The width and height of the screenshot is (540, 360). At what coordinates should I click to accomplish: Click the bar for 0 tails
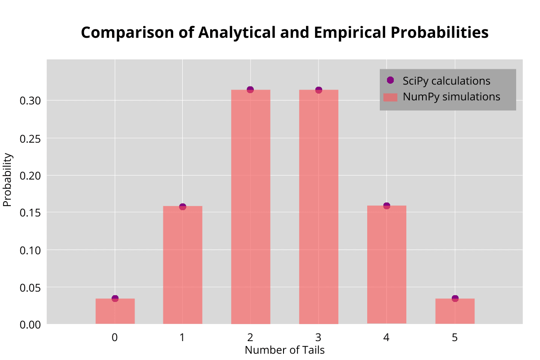click(x=115, y=311)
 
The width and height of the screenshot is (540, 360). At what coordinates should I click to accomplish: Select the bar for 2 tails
click(x=251, y=207)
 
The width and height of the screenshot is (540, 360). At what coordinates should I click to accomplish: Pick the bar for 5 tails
click(x=455, y=311)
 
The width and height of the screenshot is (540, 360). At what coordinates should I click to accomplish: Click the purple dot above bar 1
click(x=182, y=207)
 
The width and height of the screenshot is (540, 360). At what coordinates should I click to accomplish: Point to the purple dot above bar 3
click(x=319, y=90)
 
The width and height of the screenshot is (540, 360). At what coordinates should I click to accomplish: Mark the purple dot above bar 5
click(x=455, y=298)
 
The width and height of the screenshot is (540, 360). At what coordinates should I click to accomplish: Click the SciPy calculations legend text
click(x=446, y=81)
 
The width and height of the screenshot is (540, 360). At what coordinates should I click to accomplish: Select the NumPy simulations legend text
click(x=451, y=97)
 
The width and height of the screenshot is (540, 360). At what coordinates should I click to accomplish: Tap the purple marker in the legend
click(x=390, y=80)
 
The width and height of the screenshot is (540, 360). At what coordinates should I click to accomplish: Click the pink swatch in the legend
click(x=390, y=97)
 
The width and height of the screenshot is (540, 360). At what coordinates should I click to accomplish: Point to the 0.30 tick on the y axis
click(x=31, y=100)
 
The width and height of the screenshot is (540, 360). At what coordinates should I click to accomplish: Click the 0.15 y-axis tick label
click(x=31, y=212)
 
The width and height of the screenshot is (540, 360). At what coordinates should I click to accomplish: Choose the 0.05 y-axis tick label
click(x=31, y=287)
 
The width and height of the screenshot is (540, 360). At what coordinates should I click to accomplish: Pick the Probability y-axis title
click(x=8, y=180)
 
